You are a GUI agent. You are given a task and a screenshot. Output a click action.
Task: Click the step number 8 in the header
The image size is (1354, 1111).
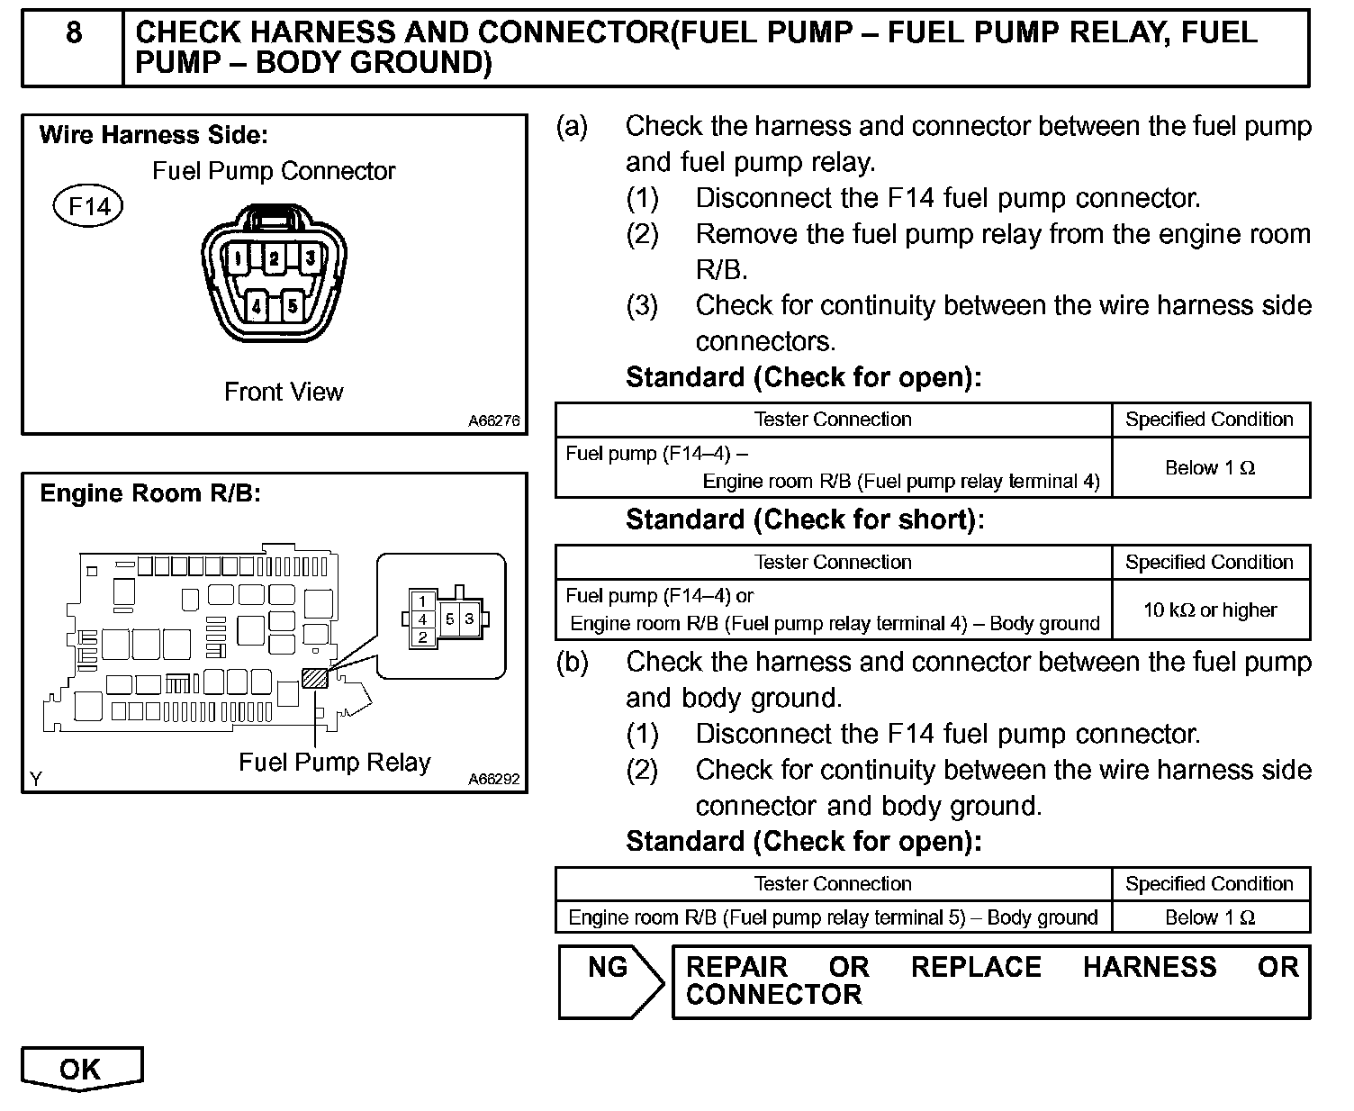(74, 33)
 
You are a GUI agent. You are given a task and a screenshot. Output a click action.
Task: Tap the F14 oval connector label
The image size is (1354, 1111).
(89, 206)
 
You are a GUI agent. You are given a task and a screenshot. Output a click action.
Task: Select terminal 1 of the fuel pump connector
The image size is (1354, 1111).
(237, 259)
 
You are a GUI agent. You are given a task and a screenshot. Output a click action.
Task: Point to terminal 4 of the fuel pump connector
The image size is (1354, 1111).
(257, 306)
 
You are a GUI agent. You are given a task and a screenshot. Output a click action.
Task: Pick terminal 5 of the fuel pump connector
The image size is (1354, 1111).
(293, 306)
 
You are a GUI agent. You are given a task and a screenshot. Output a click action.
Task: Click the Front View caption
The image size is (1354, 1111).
(284, 393)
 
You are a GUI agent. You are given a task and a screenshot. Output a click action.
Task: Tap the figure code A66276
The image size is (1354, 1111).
(493, 420)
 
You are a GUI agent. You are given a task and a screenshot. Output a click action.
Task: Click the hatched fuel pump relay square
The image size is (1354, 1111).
(315, 677)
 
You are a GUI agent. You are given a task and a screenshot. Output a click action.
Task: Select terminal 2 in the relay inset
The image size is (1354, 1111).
(422, 637)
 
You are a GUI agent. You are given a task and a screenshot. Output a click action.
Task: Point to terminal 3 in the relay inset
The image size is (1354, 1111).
(469, 619)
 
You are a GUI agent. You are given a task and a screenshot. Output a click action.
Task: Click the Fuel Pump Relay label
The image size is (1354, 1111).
(334, 763)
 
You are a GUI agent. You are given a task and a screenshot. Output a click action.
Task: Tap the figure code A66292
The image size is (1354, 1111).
(493, 780)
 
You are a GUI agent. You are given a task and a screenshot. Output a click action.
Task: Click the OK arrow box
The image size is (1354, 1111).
(81, 1069)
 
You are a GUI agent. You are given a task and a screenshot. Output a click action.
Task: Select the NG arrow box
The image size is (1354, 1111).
(609, 980)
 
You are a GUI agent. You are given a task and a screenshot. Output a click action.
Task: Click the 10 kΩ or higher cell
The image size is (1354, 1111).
(1210, 610)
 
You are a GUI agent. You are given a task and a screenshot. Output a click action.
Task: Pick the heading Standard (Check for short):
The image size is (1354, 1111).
(805, 519)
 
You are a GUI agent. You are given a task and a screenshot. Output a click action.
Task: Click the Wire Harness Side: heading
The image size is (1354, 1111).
(154, 136)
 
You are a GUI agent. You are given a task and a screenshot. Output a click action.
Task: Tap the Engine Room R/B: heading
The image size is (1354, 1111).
(150, 493)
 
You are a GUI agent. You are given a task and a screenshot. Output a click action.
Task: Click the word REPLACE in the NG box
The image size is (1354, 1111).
(976, 967)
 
